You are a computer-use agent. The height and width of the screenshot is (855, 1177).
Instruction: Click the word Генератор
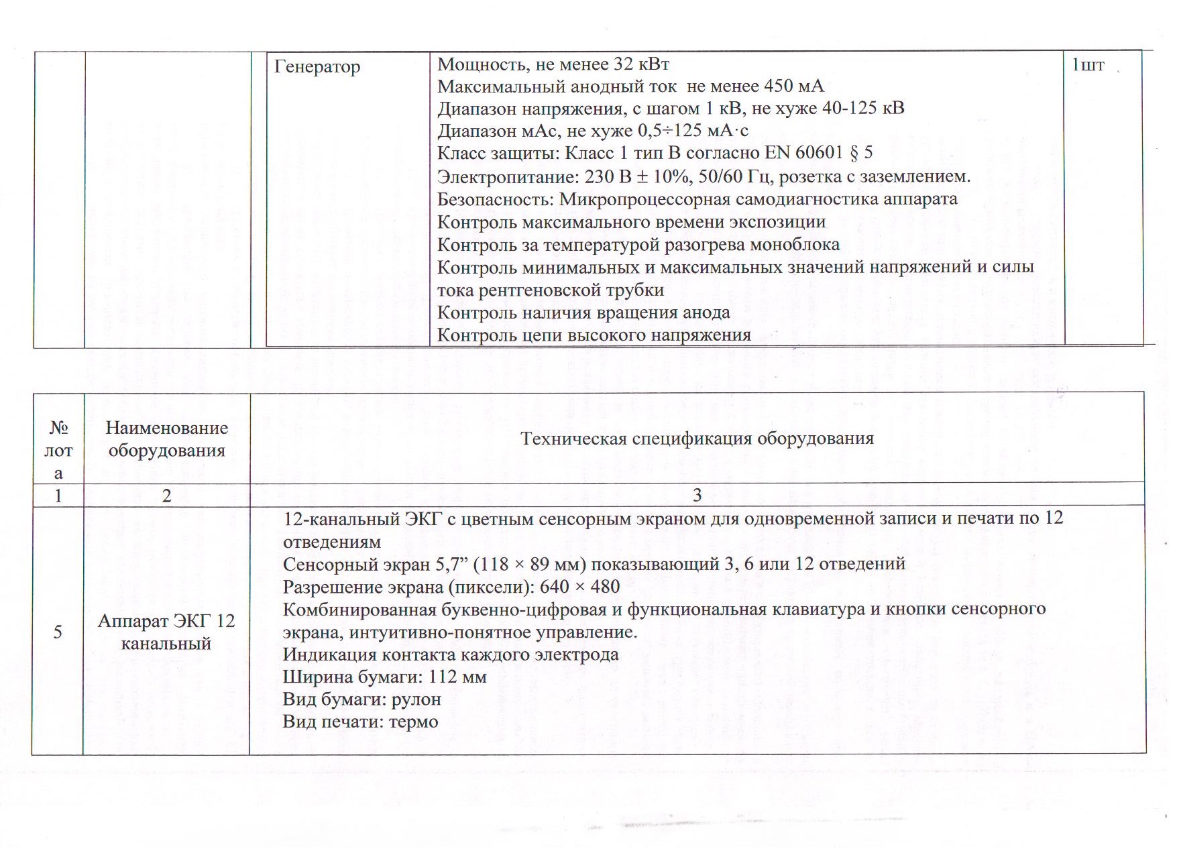(x=317, y=67)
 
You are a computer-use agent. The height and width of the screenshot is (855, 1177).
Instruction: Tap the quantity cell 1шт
(x=1088, y=65)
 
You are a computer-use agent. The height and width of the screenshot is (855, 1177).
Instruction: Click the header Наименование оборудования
(x=166, y=439)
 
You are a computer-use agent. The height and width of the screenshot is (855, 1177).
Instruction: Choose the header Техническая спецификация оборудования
(x=697, y=439)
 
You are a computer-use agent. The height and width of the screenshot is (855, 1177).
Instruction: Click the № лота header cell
(x=58, y=449)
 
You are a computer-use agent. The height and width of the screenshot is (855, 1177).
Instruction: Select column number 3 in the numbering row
(x=697, y=495)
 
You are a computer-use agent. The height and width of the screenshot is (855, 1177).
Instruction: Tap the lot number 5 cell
(x=58, y=632)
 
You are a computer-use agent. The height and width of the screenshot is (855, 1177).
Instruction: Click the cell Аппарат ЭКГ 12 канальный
(x=166, y=632)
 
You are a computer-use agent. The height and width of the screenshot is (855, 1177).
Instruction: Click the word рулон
(x=416, y=699)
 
